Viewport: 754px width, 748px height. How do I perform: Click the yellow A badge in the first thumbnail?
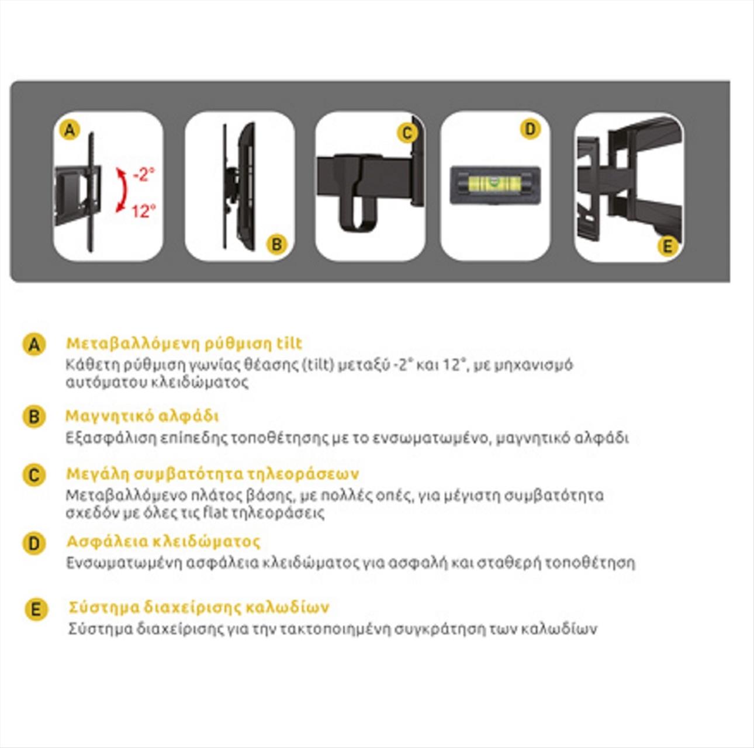point(70,130)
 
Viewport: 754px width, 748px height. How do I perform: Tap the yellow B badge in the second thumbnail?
point(276,244)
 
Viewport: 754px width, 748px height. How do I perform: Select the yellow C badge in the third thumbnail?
point(407,133)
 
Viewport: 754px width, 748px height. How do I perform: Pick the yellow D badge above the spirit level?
point(531,129)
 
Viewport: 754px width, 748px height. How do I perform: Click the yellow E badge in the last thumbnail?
point(667,247)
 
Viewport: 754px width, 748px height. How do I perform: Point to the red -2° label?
point(144,175)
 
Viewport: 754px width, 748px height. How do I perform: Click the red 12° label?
point(143,212)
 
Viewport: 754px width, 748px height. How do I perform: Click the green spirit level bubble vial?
point(494,181)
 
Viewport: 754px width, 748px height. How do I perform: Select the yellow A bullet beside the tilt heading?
point(34,344)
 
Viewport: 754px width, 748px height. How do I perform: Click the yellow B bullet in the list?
point(34,416)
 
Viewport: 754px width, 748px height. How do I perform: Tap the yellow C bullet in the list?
point(34,475)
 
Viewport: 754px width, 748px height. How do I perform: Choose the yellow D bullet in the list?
point(34,543)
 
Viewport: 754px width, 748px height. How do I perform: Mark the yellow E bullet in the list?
point(36,610)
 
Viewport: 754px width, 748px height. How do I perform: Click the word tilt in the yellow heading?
point(289,343)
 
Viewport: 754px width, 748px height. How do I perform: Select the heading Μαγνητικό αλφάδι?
point(142,416)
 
